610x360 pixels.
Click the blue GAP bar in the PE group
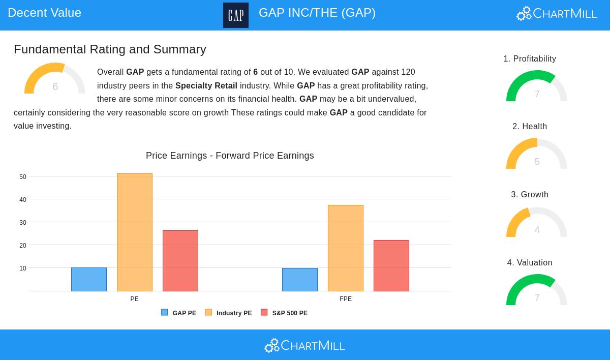click(89, 279)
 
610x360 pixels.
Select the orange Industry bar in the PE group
click(135, 232)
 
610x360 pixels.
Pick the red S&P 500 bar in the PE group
click(180, 261)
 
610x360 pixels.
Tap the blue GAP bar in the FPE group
click(300, 280)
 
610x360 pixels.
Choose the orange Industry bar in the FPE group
click(346, 248)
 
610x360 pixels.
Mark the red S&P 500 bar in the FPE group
click(391, 265)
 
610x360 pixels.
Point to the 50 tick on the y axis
click(23, 177)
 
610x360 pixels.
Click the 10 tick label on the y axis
click(23, 268)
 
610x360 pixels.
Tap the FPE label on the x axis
click(346, 299)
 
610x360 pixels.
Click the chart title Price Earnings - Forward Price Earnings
click(230, 156)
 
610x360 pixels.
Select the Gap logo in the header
click(236, 15)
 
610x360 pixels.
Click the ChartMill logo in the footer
click(304, 346)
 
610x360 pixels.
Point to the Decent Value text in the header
click(45, 13)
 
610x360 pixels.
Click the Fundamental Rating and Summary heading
click(110, 49)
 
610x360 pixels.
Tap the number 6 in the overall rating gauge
click(55, 86)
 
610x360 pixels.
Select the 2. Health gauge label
click(530, 127)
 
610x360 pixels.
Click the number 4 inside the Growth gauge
click(537, 230)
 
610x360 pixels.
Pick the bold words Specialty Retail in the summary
click(206, 85)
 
